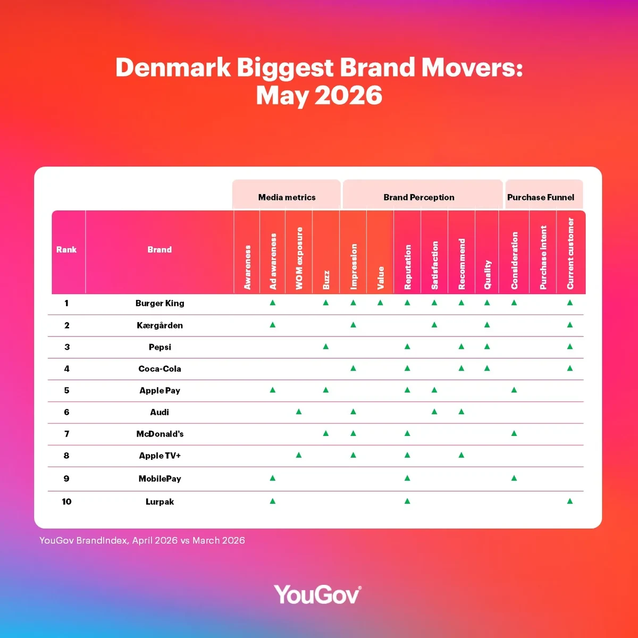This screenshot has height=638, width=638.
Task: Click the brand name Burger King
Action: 159,303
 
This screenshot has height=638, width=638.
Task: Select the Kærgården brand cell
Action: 159,325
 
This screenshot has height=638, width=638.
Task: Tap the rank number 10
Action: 66,501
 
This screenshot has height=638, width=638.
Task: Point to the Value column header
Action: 381,278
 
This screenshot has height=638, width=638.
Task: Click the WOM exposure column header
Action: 299,258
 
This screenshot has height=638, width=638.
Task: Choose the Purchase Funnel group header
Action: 540,197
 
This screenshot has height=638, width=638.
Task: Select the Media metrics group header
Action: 287,197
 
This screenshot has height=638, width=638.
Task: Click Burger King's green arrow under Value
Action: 380,303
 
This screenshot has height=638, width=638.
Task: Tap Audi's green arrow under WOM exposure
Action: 299,412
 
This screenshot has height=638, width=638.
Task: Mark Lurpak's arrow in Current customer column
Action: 570,501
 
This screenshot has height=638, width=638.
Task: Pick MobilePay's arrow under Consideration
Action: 514,478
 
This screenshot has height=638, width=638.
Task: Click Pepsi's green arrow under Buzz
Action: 326,346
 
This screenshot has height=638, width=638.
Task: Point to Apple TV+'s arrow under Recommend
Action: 461,455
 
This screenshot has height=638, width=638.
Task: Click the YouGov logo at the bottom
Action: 318,594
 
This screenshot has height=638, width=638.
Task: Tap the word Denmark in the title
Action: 173,67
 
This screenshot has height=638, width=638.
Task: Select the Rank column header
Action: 66,249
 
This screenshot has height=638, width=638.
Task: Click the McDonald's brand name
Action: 159,434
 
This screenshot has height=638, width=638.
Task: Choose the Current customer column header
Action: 570,253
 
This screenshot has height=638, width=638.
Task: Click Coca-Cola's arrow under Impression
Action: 353,368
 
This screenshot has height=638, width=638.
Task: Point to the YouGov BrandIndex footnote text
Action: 142,540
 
